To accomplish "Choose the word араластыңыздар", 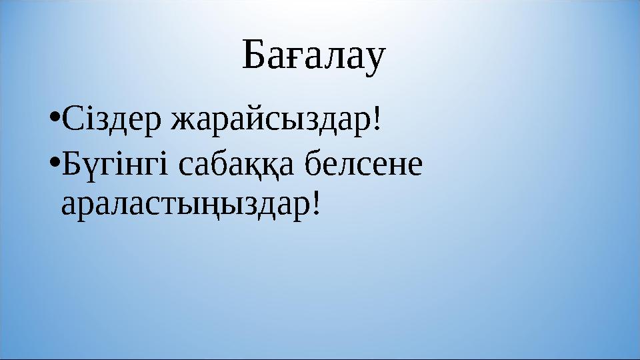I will [184, 205].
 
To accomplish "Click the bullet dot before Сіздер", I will [55, 121].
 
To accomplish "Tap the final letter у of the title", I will [375, 61].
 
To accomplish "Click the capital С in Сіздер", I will [70, 120].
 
